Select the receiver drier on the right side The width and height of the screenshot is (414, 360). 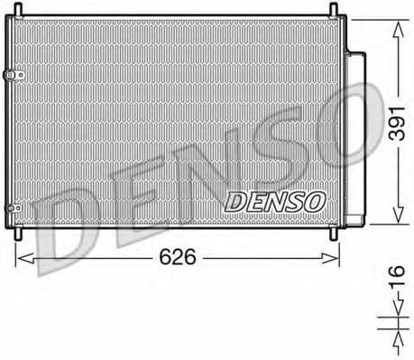point(358,135)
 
